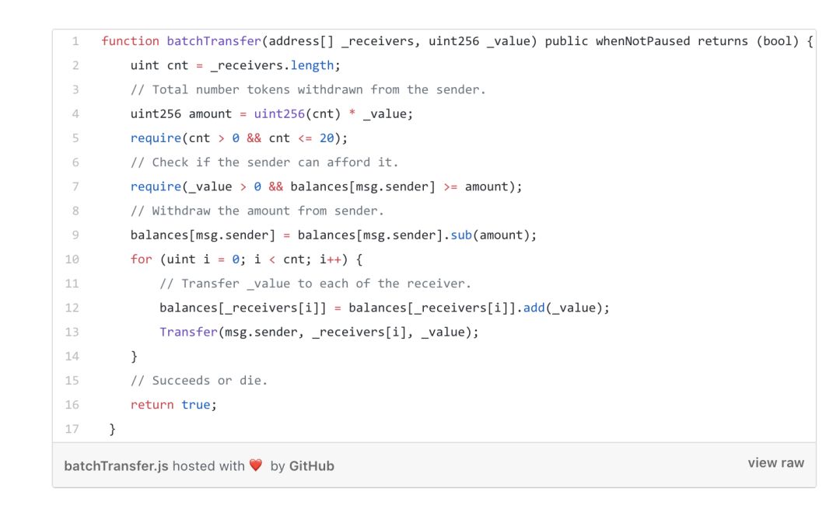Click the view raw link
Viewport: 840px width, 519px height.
tap(775, 463)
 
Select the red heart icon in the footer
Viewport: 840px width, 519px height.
tap(256, 465)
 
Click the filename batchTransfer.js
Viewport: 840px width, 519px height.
tap(116, 466)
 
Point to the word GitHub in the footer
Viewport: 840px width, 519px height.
tap(311, 466)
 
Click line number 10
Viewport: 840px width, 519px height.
tap(72, 259)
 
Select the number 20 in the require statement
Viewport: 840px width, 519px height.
tap(327, 138)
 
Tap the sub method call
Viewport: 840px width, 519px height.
tap(461, 235)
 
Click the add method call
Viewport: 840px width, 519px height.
tap(534, 308)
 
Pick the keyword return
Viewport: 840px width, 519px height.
tap(152, 405)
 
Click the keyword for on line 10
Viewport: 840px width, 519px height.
tap(141, 259)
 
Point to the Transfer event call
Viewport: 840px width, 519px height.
tap(188, 332)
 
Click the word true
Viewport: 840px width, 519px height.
tap(196, 405)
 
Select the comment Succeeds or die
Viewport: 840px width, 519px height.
tap(199, 381)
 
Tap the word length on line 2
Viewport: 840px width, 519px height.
tap(312, 65)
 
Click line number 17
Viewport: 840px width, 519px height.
tap(72, 429)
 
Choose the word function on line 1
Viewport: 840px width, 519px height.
tap(130, 41)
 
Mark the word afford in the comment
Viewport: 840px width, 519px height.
tap(348, 162)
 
